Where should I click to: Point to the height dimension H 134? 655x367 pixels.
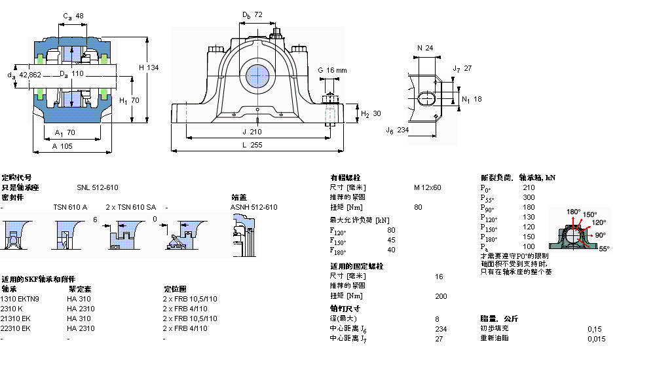[x=149, y=68]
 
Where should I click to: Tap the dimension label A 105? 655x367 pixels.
[x=63, y=146]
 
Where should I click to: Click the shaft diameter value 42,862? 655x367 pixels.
[x=29, y=75]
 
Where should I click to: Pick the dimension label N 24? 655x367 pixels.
[x=425, y=47]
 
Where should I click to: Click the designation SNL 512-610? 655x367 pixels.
[x=98, y=187]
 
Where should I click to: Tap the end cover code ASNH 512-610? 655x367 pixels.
[x=253, y=207]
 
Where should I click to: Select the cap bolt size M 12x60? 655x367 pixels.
[x=427, y=187]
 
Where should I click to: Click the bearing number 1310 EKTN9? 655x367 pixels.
[x=20, y=299]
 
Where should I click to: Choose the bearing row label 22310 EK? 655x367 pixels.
[x=16, y=328]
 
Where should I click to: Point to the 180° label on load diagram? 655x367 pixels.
[x=574, y=212]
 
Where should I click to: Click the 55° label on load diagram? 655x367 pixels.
[x=603, y=249]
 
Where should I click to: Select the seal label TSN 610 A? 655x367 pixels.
[x=70, y=207]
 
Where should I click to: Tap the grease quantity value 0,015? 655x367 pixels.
[x=596, y=338]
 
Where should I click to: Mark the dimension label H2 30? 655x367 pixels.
[x=371, y=113]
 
